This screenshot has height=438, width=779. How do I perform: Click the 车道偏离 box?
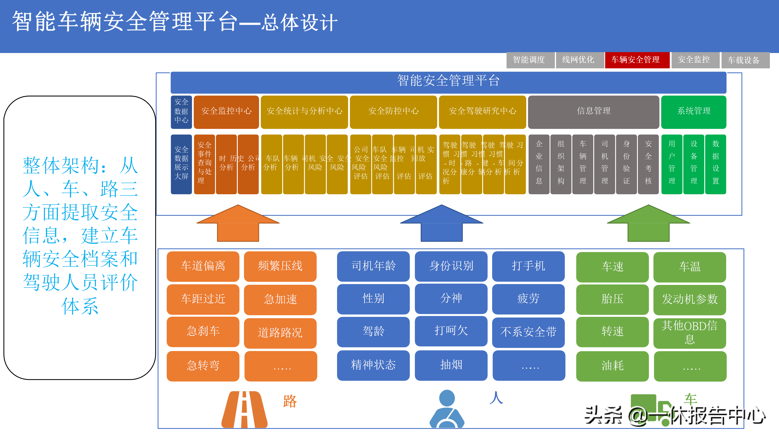click(x=203, y=266)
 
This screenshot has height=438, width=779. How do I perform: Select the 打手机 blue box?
click(x=528, y=266)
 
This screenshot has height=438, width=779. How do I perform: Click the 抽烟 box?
click(x=451, y=365)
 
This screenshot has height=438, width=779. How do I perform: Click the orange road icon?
click(x=244, y=410)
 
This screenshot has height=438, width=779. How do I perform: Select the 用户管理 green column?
click(x=672, y=164)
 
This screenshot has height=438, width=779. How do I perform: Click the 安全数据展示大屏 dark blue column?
click(x=181, y=164)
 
